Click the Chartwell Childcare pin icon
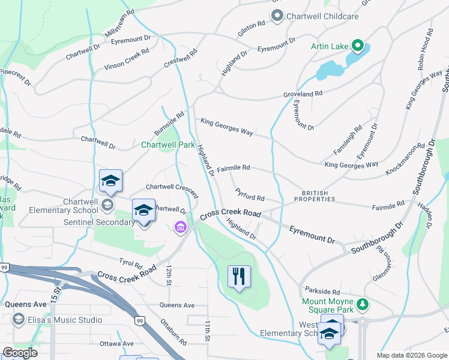tap(277, 16)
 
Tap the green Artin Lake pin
tap(358, 46)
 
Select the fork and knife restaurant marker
tap(240, 277)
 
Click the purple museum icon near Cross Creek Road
tap(179, 227)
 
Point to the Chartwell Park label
tap(167, 145)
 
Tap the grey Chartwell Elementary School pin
tap(107, 205)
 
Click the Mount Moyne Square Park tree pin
tap(363, 305)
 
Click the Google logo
tap(19, 353)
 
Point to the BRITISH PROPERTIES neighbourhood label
tap(315, 195)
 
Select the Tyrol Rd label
tap(130, 263)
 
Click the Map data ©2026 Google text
tap(411, 355)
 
